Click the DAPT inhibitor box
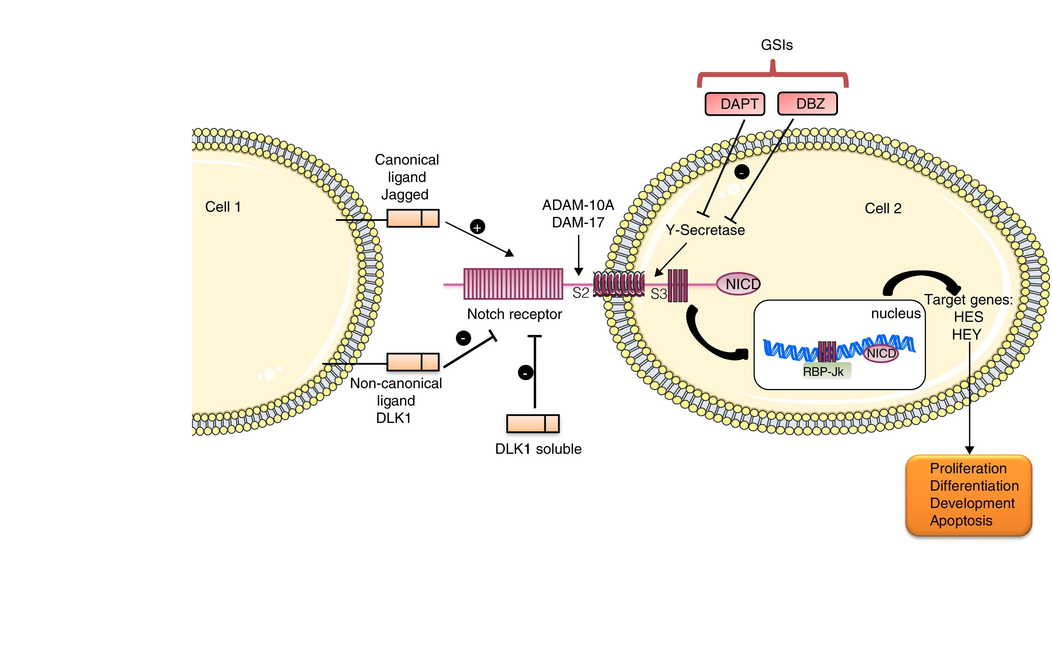(734, 104)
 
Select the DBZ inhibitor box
(807, 104)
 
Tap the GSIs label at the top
(776, 45)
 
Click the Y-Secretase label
(705, 230)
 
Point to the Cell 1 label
(223, 207)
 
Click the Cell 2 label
(883, 209)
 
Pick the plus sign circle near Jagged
(477, 227)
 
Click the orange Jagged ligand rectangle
(412, 218)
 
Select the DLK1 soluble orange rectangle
(532, 424)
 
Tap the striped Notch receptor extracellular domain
(513, 284)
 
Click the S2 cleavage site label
(580, 293)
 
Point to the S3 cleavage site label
(658, 294)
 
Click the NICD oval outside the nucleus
(738, 284)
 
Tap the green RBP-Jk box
(823, 371)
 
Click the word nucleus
(895, 314)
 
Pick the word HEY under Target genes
(966, 335)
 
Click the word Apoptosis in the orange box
(961, 521)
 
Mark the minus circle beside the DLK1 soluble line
(525, 372)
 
